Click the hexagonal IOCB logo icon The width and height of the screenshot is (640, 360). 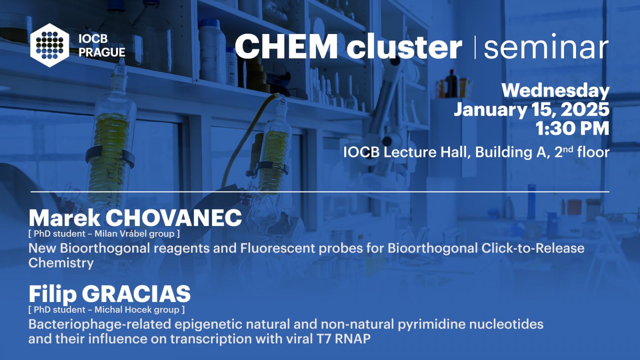[x=50, y=45]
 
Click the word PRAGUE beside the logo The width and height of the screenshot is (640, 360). [x=102, y=52]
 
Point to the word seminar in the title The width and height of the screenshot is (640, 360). [x=546, y=46]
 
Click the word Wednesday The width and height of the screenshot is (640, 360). [x=556, y=91]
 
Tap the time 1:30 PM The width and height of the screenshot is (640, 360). [x=572, y=128]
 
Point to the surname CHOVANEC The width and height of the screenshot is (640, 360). [x=174, y=218]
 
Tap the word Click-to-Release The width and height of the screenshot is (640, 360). [x=533, y=248]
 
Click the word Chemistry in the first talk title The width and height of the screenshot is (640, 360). [x=61, y=263]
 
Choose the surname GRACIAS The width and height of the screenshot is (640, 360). [x=136, y=294]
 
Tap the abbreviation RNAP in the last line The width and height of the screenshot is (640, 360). [x=352, y=339]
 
